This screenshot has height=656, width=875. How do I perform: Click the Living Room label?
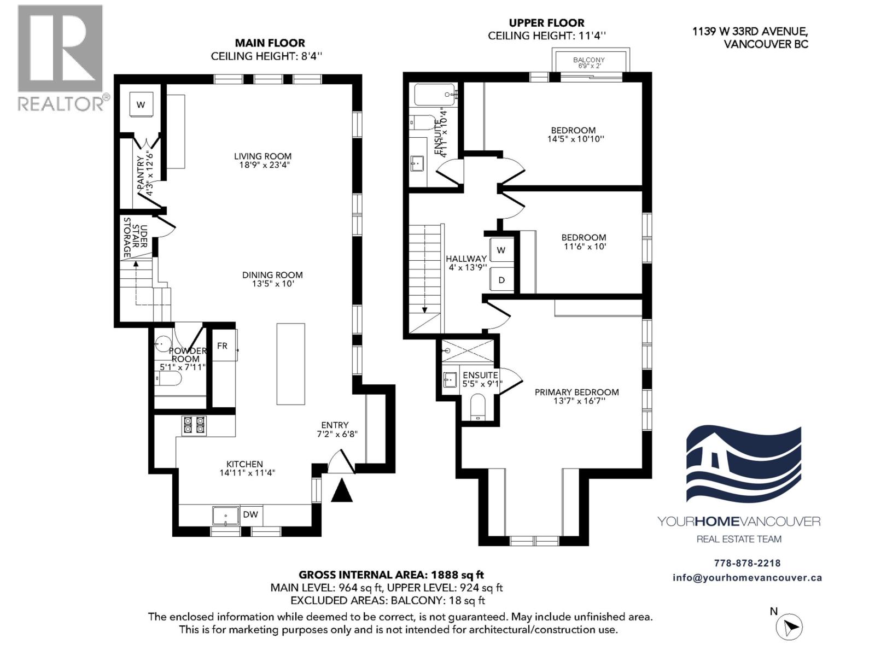coord(262,156)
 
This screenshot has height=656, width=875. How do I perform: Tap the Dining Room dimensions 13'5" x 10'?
coord(272,284)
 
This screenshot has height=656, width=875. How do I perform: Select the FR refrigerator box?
coord(223,345)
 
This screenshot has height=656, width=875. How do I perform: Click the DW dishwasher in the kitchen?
coord(250,514)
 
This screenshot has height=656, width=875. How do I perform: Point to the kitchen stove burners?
coord(194,425)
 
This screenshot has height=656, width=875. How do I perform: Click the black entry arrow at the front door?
coord(342,490)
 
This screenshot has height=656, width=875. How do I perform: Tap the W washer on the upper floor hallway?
coord(501,250)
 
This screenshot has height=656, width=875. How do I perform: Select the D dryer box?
coord(501,279)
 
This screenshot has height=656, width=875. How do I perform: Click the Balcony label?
coord(589,60)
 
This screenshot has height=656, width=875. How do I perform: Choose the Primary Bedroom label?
coord(576,392)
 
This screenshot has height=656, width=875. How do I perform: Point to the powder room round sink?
coord(162,344)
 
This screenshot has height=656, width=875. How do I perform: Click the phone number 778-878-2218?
coord(747,563)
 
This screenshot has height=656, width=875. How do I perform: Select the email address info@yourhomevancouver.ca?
coord(747,578)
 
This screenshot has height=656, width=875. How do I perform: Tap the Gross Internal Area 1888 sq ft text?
coord(391,575)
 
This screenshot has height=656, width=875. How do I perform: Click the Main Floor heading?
coord(270,43)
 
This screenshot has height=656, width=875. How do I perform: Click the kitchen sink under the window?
coord(226,515)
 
